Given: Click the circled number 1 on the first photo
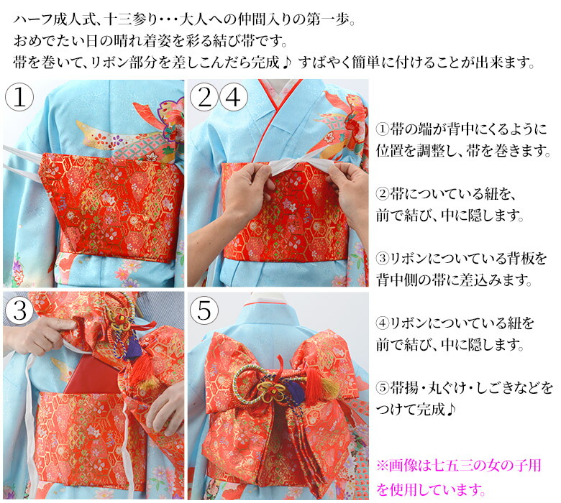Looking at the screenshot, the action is pos(19,98).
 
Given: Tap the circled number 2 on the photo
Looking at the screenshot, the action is pos(204,97).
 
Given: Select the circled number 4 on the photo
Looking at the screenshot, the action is pos(233,97).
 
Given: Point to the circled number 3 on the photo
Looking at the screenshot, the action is pos(19,310).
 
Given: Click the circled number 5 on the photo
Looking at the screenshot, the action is pos(204,310).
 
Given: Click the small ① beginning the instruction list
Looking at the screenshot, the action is pos(382,129).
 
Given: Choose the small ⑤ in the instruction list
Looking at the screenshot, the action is pos(382,387).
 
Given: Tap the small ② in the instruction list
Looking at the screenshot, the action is pos(382,194).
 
